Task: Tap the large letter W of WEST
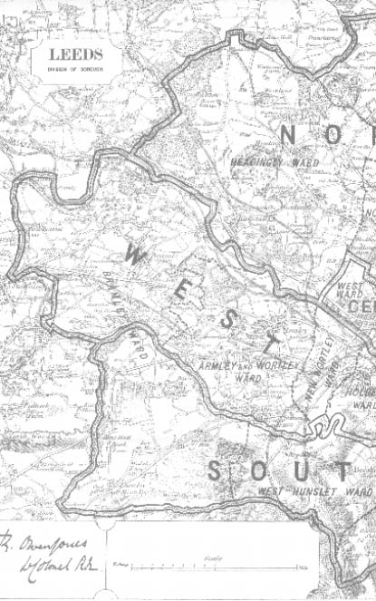(136, 254)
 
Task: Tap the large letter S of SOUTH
(215, 471)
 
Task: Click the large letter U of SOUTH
(305, 471)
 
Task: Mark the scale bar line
(213, 567)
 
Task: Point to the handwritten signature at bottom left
(50, 553)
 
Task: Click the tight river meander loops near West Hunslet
(326, 424)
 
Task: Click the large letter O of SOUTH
(260, 471)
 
